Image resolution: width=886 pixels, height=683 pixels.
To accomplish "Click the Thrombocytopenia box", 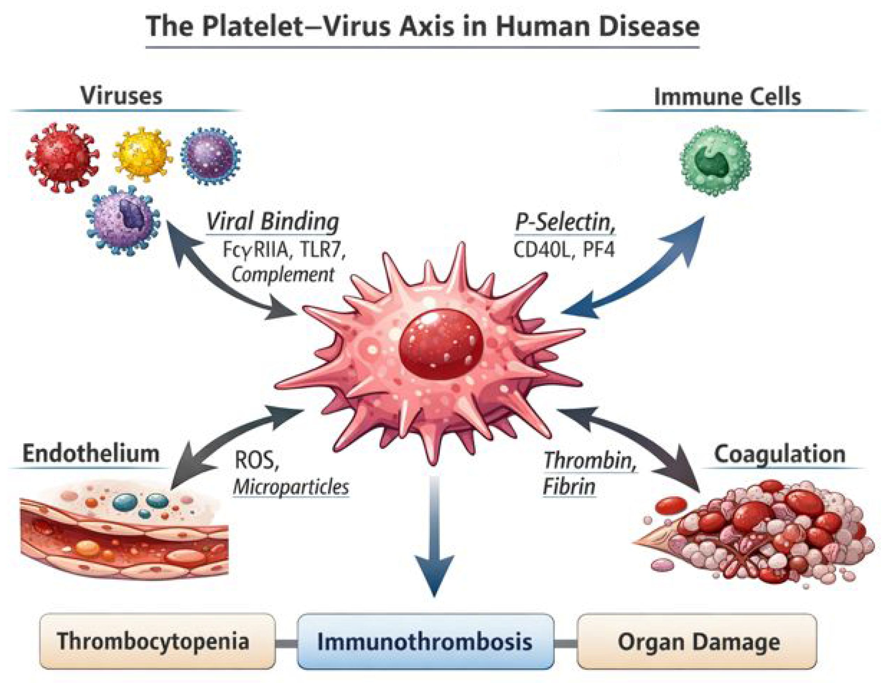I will coord(158,641).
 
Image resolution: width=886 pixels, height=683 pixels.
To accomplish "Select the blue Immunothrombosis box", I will coord(425,641).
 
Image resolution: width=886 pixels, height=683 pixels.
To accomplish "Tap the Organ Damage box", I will coord(696,641).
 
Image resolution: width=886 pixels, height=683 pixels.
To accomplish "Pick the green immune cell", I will coord(715,161).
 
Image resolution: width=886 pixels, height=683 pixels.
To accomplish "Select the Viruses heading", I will coord(121,96).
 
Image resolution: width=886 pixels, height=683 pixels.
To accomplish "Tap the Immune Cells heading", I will coord(727,97).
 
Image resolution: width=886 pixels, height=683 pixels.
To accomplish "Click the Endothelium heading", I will coord(91,453).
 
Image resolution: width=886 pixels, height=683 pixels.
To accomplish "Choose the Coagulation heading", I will coord(779,454).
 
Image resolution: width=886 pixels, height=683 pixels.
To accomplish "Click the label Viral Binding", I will coord(273,222).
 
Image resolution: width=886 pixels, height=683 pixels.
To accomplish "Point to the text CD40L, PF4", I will coord(564,250).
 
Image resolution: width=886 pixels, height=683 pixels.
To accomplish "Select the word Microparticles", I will coord(291,487).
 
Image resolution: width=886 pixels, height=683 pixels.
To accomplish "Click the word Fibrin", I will coord(569,487).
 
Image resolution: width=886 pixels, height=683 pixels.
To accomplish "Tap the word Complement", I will coord(283,275).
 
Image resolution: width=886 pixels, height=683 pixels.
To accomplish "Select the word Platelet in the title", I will coord(252,27).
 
